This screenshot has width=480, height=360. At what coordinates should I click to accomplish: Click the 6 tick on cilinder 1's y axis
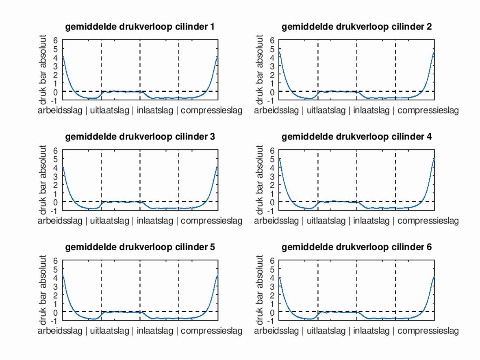(x=56, y=40)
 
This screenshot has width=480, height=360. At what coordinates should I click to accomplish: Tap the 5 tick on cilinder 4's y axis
(x=273, y=159)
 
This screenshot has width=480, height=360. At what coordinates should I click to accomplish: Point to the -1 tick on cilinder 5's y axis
(x=55, y=320)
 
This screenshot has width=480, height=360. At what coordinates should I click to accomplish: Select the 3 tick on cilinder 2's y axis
(x=273, y=66)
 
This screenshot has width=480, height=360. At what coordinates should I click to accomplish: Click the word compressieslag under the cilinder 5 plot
(x=212, y=331)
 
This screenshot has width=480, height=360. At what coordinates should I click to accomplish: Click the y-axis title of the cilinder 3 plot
(x=43, y=180)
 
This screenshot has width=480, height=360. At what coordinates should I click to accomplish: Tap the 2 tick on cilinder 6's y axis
(x=273, y=295)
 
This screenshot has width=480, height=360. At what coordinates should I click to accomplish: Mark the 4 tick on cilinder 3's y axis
(x=56, y=167)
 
